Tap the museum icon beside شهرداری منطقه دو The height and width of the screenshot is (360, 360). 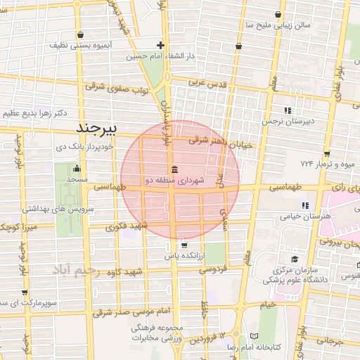[174, 169]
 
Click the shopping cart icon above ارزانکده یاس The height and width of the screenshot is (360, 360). [184, 245]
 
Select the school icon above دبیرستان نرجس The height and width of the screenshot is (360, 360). [287, 110]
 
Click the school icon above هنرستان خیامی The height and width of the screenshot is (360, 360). [304, 205]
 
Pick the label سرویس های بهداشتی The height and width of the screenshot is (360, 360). [53, 209]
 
